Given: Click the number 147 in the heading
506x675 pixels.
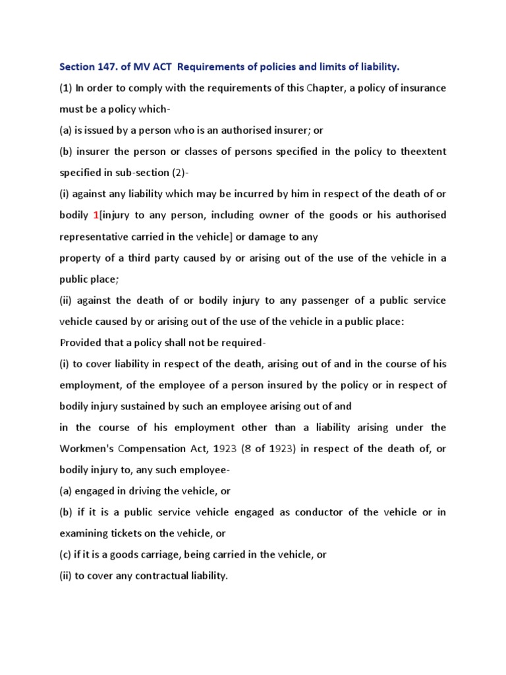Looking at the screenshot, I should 107,67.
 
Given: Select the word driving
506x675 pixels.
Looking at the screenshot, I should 142,491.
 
